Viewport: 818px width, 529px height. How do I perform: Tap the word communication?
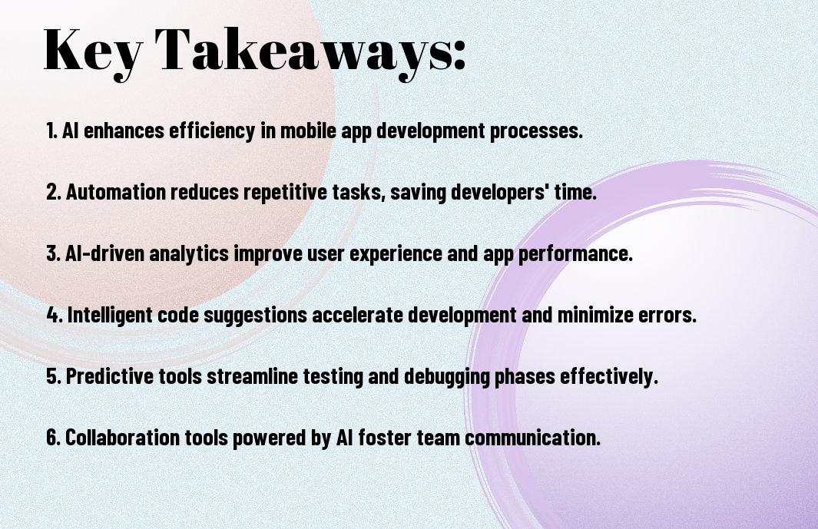pyautogui.click(x=532, y=438)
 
